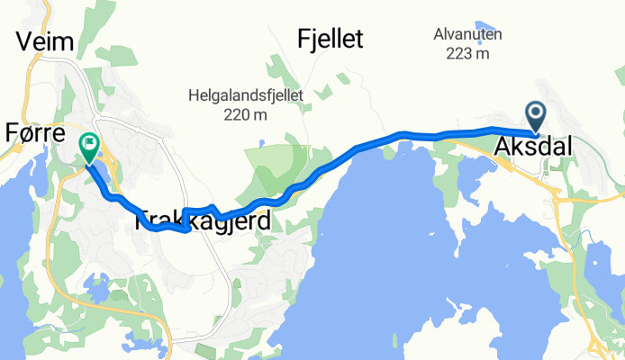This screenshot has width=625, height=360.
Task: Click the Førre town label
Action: pos(33,133)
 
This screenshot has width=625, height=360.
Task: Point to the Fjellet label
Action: pos(330,39)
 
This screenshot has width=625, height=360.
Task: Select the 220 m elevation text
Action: pos(240,114)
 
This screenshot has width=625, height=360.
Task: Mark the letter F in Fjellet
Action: pos(303,39)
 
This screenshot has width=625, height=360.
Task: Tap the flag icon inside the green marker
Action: pos(90,142)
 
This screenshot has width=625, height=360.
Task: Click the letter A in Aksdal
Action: pos(503,144)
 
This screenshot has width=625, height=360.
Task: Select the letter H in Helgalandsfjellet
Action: pos(194,94)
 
